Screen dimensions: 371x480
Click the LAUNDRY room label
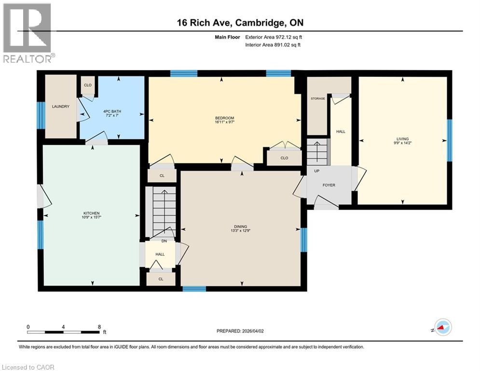pos(61,106)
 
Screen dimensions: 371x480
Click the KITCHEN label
pos(91,213)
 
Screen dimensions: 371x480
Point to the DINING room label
pos(240,226)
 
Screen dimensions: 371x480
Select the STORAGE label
pos(317,99)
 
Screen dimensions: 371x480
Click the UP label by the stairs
pos(316,171)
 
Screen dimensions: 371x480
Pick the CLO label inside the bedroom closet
pos(284,157)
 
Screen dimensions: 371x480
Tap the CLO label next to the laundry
pos(87,85)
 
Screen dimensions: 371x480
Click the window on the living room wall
pos(450,140)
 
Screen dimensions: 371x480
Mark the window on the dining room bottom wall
pos(194,289)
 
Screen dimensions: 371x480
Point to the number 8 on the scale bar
pos(99,327)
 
